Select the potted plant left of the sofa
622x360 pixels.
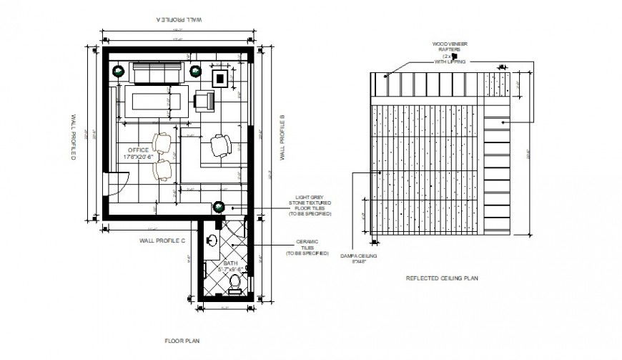pos(118,70)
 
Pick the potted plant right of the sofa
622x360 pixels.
pos(195,70)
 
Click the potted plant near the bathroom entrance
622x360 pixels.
pos(218,207)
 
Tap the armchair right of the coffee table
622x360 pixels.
pos(204,102)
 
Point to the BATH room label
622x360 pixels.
pos(230,263)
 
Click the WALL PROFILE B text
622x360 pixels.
pos(283,137)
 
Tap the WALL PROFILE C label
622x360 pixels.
pos(162,240)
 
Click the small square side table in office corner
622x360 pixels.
pos(220,77)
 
